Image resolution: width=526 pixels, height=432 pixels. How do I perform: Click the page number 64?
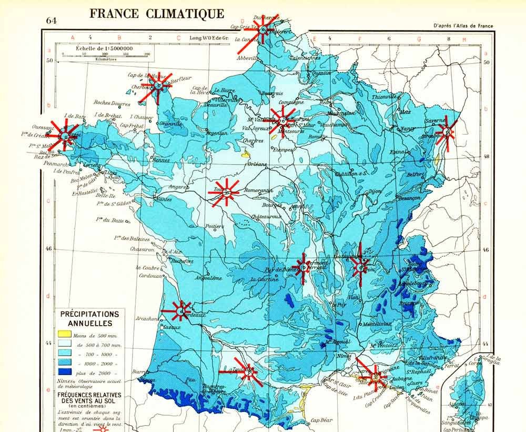(x=52, y=21)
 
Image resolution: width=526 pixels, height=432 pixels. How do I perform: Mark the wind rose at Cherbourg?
(x=157, y=85)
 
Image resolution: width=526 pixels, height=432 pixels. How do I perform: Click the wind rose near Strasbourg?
(x=447, y=131)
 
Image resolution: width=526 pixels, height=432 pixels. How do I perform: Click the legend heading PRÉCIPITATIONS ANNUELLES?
(x=89, y=318)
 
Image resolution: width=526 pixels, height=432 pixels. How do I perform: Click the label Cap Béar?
(x=322, y=420)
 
